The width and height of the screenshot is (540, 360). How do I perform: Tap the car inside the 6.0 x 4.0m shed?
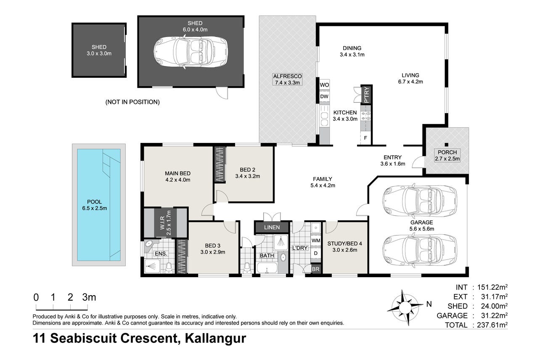pos(191,52)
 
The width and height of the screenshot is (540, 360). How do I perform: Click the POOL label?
pos(94,202)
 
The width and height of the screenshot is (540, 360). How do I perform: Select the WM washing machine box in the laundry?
pos(316,241)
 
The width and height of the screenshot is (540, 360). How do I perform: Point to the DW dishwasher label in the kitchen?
pos(324,96)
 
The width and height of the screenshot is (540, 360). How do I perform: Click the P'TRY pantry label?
pos(366,95)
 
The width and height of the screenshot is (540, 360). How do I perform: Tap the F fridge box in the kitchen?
pos(365,138)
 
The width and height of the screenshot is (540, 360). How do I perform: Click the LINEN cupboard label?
pos(272,228)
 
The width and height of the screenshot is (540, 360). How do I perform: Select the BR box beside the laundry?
pos(315,269)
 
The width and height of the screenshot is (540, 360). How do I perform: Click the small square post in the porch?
pos(447,145)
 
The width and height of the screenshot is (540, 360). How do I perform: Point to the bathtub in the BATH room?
pos(267,267)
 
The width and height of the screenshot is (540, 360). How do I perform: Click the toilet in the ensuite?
pos(169,267)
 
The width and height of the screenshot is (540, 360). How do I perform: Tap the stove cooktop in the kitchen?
pos(366,116)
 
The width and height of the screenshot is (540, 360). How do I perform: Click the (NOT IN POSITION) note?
pos(132,102)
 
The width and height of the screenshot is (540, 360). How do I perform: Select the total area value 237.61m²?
pos(492,325)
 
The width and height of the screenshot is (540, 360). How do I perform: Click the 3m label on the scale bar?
pos(89,297)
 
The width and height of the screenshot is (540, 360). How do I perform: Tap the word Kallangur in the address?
pos(215,338)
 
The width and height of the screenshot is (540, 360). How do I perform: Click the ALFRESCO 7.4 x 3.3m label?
pos(287,79)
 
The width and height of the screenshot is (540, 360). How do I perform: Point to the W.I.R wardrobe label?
pos(162,222)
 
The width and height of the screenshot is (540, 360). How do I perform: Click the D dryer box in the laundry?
pos(315,253)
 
